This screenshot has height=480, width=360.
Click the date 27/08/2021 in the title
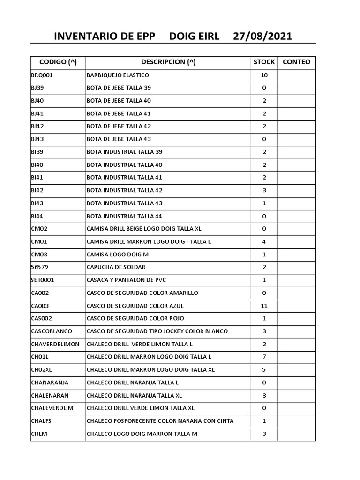(x=262, y=37)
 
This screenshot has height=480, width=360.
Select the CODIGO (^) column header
(x=58, y=62)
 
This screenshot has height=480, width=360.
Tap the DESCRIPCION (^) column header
(x=168, y=62)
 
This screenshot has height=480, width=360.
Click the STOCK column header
(x=264, y=62)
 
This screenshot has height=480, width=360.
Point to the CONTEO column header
(x=296, y=62)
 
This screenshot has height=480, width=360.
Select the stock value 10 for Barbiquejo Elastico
(x=264, y=75)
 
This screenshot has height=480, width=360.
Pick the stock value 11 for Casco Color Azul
(x=264, y=306)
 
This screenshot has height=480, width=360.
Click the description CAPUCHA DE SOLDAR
(x=116, y=267)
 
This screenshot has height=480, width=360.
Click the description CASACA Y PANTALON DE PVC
(x=127, y=280)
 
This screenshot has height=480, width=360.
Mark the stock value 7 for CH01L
(x=264, y=357)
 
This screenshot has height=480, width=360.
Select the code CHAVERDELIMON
(x=55, y=344)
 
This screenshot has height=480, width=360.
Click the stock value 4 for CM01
(x=264, y=241)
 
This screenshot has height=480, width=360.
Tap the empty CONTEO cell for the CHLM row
(x=296, y=434)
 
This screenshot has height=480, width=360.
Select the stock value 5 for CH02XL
(x=264, y=369)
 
